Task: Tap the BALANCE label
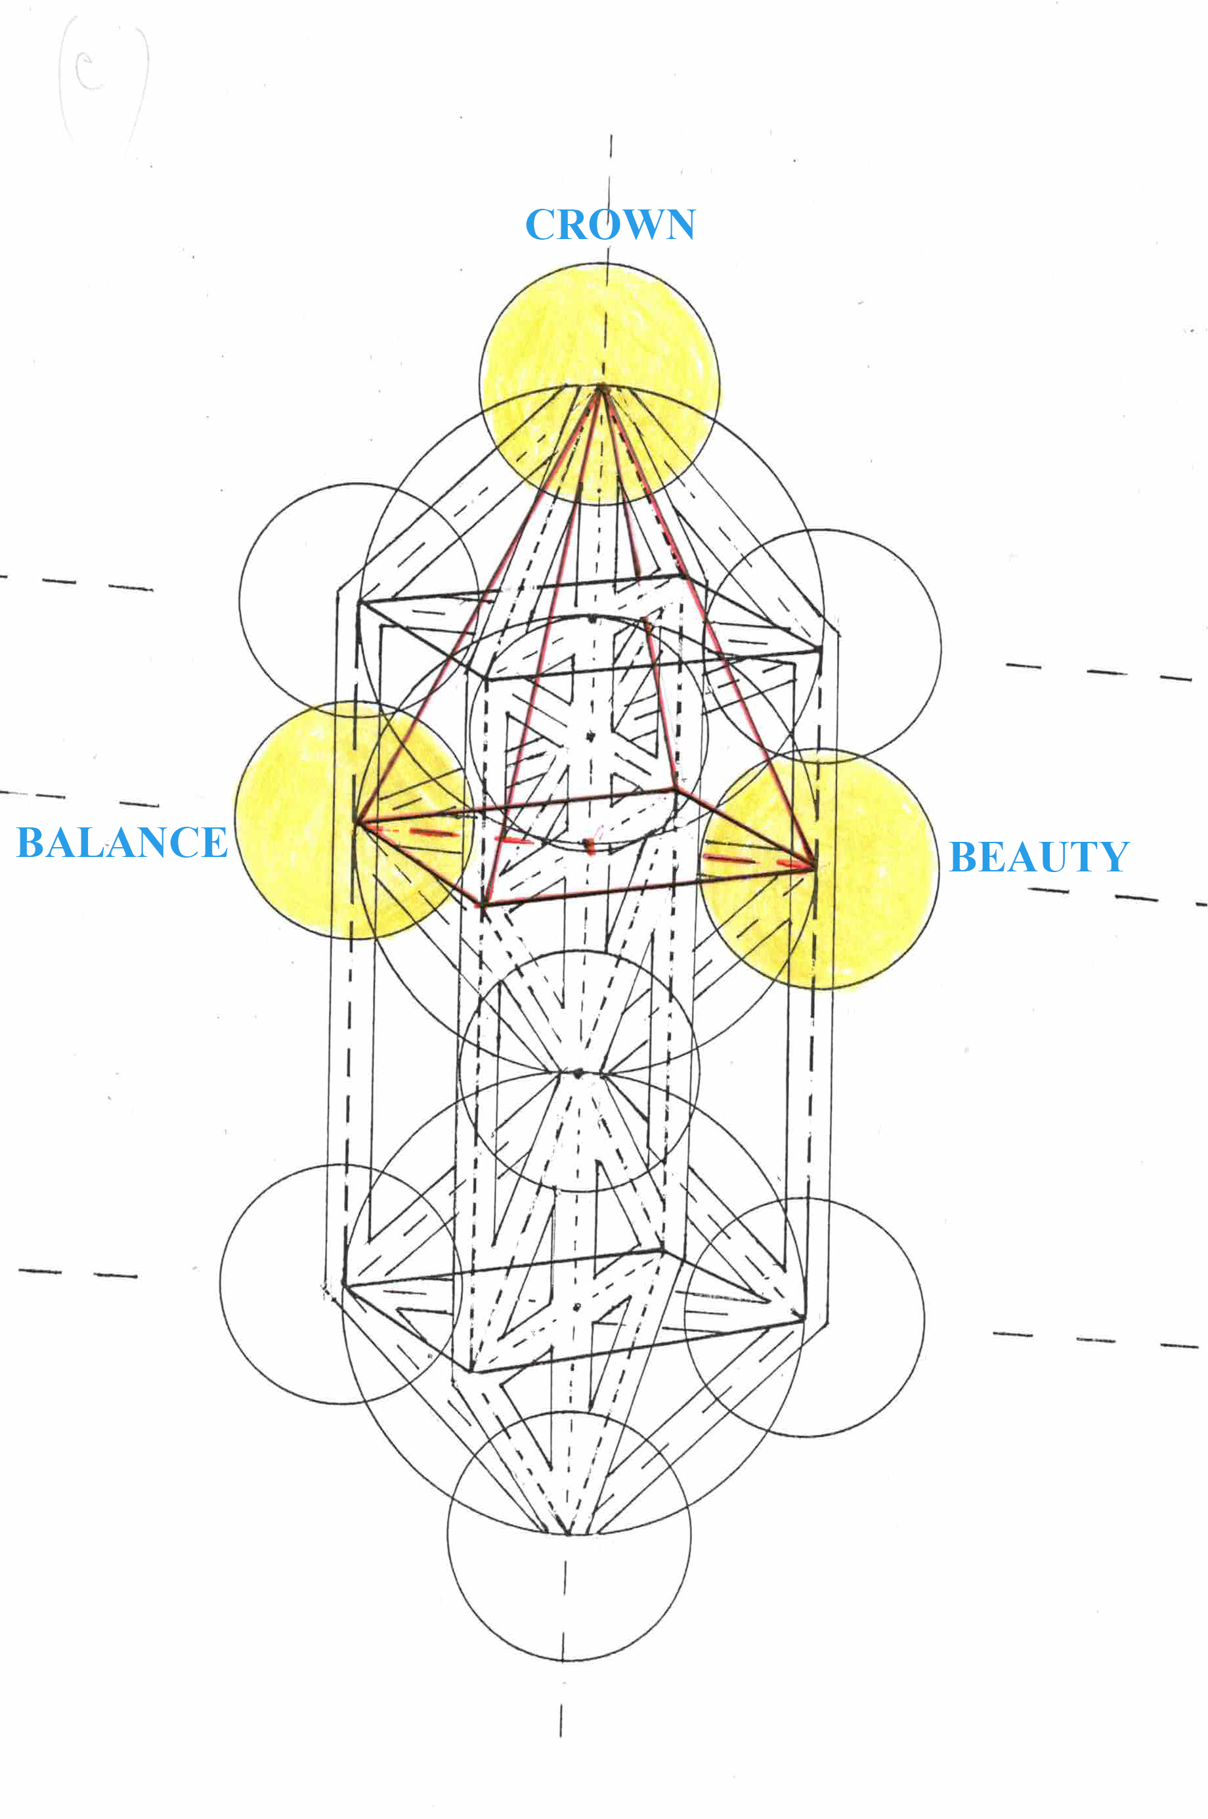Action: (x=121, y=842)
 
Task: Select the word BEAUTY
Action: (x=1039, y=857)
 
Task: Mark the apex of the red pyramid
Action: (x=600, y=387)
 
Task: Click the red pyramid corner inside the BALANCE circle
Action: (x=356, y=823)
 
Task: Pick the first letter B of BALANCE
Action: (x=31, y=842)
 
